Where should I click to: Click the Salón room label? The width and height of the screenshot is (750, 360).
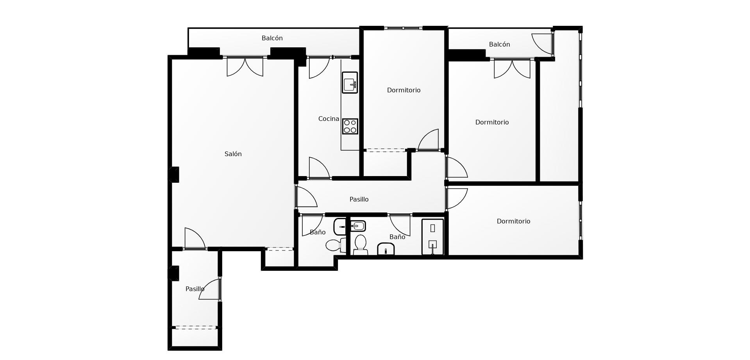[x=233, y=154]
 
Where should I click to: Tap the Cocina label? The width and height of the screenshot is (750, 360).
[x=329, y=119]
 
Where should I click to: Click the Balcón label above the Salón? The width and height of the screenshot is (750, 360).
[x=272, y=38]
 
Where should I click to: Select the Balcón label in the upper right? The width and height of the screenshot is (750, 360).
[x=500, y=45]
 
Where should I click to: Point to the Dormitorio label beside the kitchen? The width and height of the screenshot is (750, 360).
[x=404, y=90]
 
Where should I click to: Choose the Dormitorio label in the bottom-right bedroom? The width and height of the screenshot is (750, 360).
[x=514, y=221]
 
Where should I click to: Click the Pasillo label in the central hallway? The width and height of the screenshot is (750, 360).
[x=359, y=200]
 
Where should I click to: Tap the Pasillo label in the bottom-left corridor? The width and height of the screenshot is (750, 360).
[x=195, y=289]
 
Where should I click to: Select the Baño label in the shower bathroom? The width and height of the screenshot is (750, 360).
[x=397, y=237]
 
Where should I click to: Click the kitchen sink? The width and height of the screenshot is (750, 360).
[x=350, y=83]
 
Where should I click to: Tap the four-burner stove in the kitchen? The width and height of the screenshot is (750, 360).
[x=350, y=126]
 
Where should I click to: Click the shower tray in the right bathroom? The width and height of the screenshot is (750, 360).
[x=433, y=237]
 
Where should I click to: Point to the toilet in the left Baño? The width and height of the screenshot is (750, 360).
[x=335, y=245]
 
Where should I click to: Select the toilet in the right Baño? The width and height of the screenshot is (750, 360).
[x=360, y=245]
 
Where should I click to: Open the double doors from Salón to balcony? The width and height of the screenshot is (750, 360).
[x=245, y=67]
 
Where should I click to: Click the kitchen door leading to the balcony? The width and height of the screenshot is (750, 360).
[x=319, y=67]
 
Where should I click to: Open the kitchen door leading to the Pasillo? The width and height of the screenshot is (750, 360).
[x=319, y=168]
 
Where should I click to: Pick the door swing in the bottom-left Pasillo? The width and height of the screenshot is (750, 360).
[x=210, y=289]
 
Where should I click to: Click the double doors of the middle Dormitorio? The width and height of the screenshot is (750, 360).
[x=512, y=68]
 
